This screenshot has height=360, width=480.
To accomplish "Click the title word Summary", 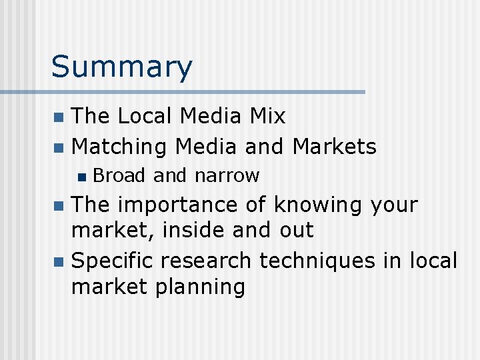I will coord(121,68).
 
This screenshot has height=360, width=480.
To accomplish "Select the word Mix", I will coord(267,117).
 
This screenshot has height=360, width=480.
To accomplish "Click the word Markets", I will coord(335,146).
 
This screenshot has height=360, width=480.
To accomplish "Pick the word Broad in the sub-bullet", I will coord(119,176).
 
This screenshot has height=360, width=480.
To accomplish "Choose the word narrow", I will coord(227,176).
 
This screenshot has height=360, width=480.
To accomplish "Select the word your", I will coord(394,205).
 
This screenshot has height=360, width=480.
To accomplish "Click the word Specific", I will coord(114,260).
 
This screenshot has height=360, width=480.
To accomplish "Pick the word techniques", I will coord(317,260).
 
